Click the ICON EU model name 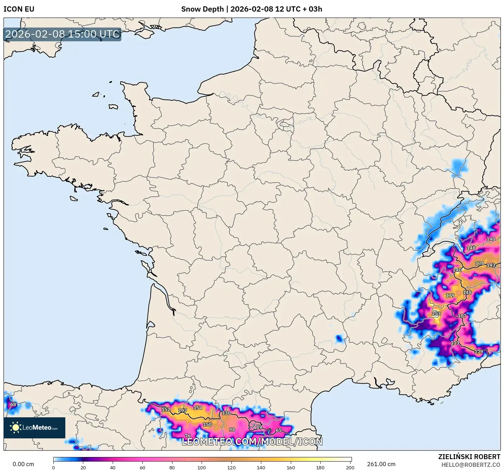[x=19, y=9]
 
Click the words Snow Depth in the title [x=202, y=9]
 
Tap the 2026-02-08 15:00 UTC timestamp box [x=63, y=34]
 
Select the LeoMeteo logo [x=34, y=427]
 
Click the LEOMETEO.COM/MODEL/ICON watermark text [x=252, y=442]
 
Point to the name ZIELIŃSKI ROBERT [x=469, y=457]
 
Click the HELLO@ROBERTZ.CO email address [x=471, y=465]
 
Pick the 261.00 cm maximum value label [x=381, y=464]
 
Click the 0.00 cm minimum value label [x=24, y=464]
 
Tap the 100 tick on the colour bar [x=202, y=467]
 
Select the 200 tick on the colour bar [x=350, y=467]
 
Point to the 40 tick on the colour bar [x=113, y=467]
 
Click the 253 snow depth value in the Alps [x=436, y=314]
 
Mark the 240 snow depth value [x=457, y=270]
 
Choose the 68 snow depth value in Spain [x=13, y=404]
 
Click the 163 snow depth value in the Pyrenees [x=183, y=410]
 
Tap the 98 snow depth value [x=232, y=430]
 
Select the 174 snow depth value [x=479, y=263]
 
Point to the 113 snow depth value [x=455, y=343]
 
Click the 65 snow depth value [x=279, y=430]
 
